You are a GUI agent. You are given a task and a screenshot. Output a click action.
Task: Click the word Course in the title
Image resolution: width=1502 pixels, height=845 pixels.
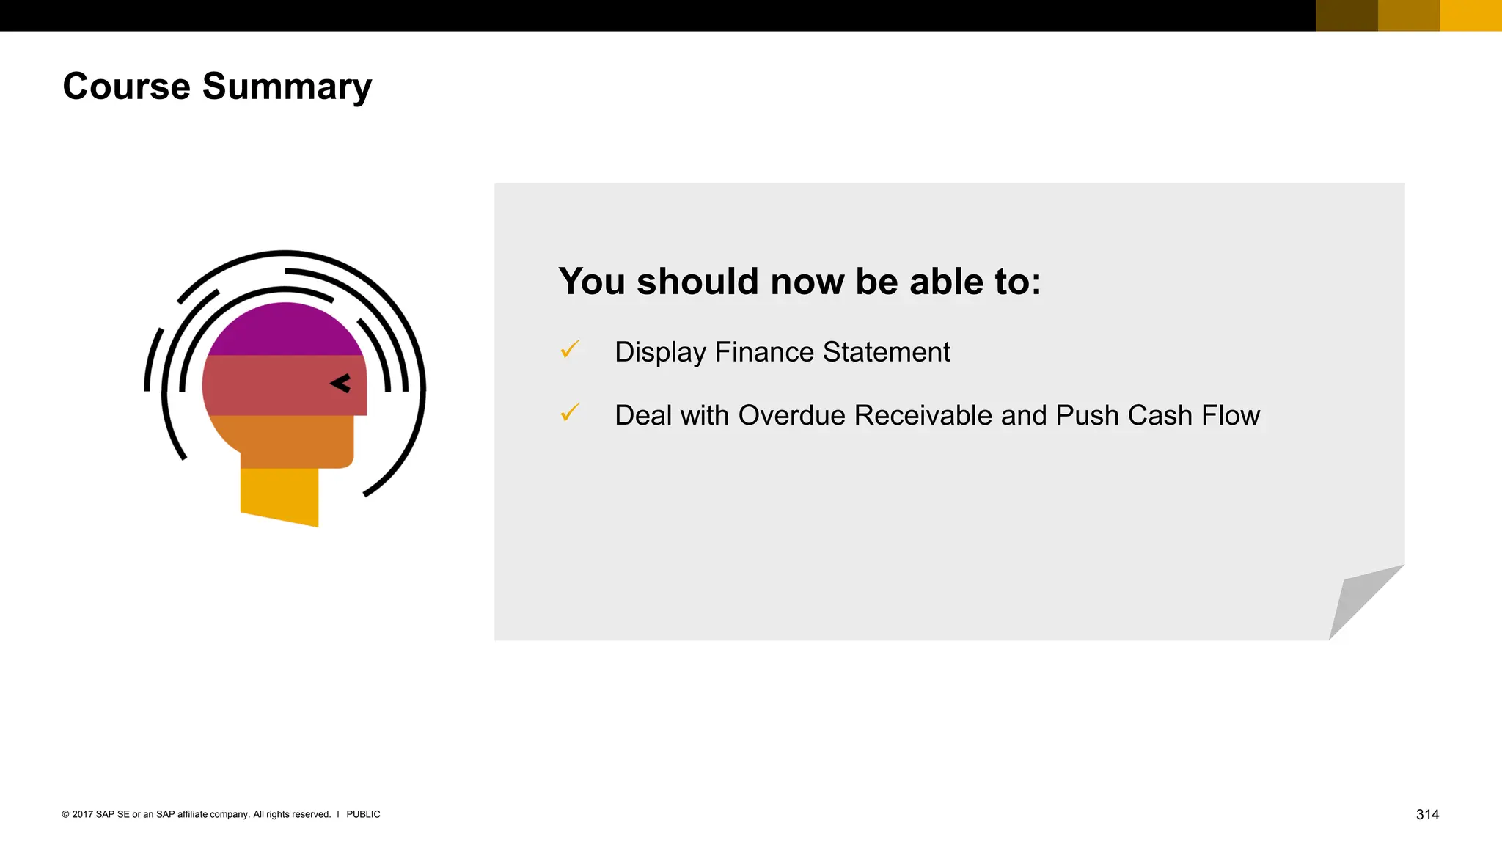click(x=126, y=87)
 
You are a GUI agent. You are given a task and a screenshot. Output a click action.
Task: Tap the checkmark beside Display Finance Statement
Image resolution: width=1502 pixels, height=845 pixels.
click(x=570, y=350)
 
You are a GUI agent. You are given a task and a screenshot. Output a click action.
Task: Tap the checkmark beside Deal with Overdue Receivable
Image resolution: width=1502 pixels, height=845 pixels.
click(x=570, y=413)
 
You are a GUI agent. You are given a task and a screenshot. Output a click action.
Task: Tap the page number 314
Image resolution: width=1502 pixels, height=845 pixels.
click(x=1427, y=814)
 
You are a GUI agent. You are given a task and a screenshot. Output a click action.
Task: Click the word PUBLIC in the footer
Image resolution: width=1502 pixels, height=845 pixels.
click(x=363, y=814)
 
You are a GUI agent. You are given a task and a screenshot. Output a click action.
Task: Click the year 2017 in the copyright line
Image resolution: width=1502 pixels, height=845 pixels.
click(x=82, y=814)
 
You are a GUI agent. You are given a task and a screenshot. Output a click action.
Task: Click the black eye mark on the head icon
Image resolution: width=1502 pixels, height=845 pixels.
click(x=341, y=383)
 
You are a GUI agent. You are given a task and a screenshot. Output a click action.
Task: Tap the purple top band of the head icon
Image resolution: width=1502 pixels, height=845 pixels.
click(x=285, y=332)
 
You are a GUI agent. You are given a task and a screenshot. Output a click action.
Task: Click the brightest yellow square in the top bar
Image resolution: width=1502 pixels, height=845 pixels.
click(x=1470, y=15)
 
